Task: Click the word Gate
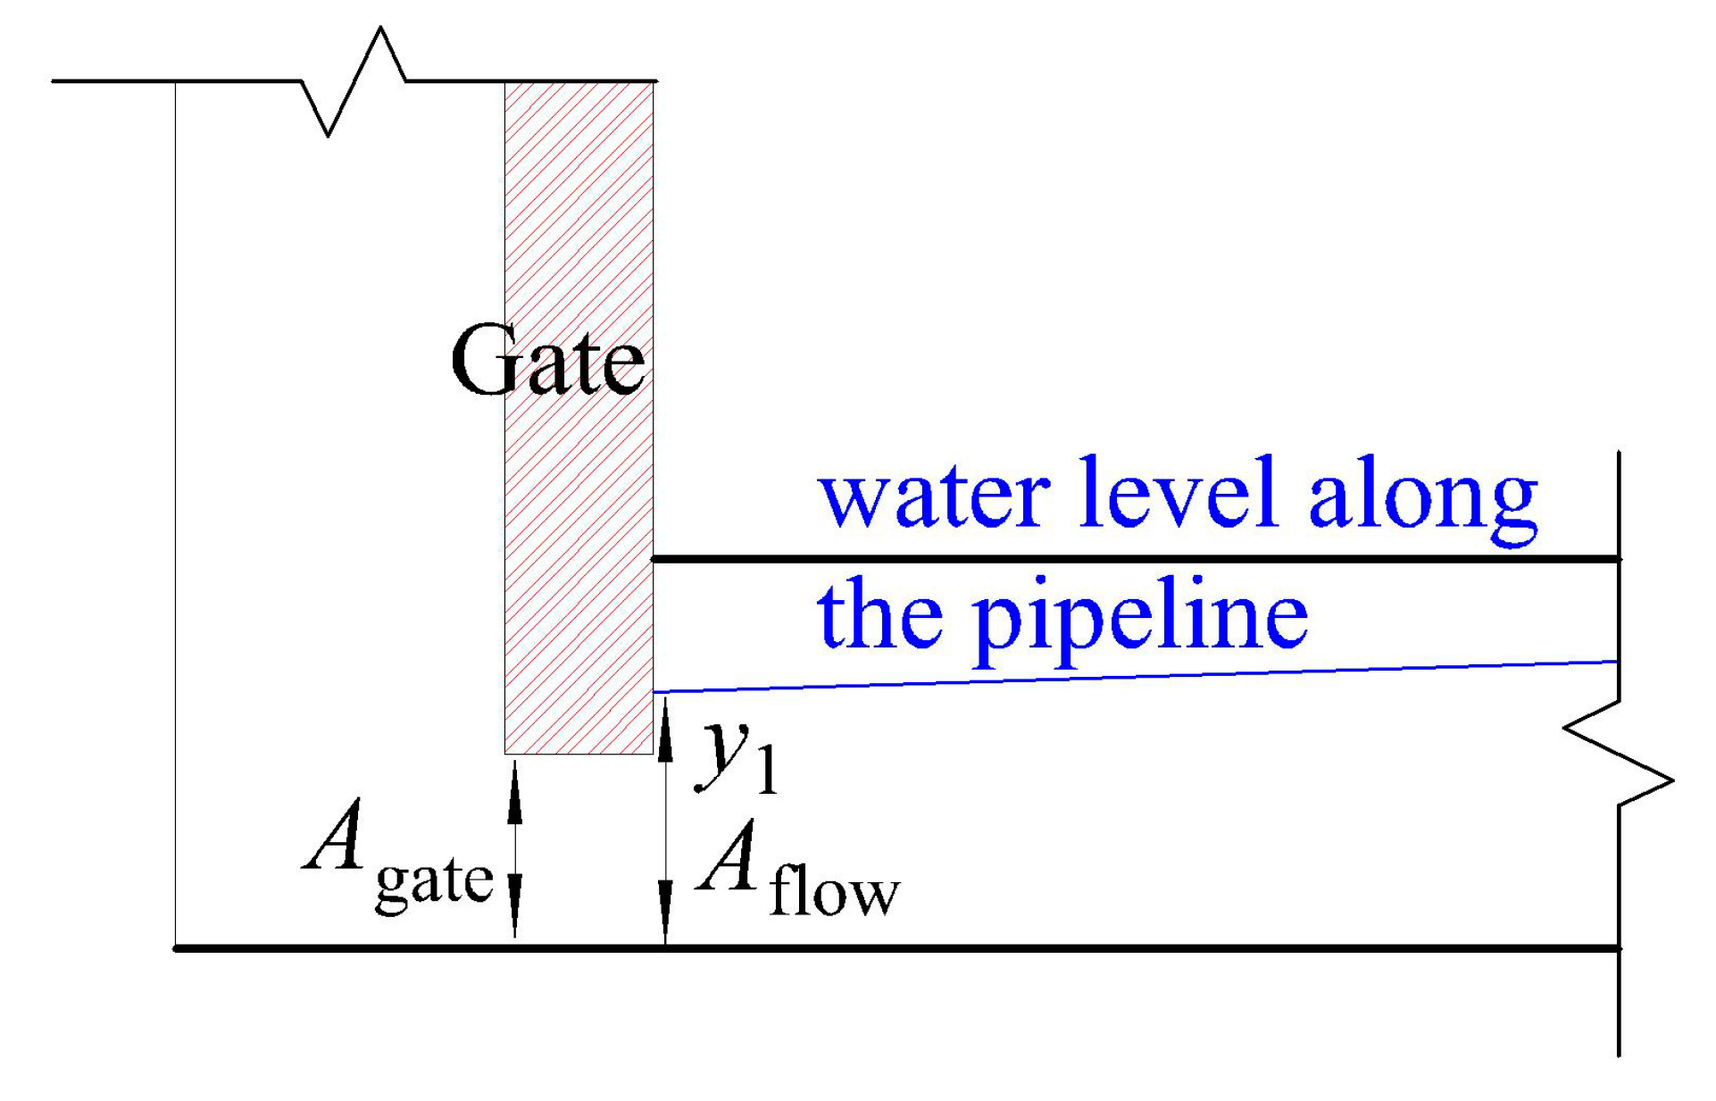click(x=546, y=360)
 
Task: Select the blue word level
click(x=1178, y=493)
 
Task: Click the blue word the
click(x=879, y=613)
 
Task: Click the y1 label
click(x=737, y=756)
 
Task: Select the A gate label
click(x=397, y=857)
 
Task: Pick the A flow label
click(x=797, y=871)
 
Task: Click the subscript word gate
click(x=434, y=882)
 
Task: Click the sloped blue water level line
click(x=1134, y=677)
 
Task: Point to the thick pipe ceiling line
click(x=1134, y=559)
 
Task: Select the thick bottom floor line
click(x=893, y=947)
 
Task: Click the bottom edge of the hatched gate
click(x=579, y=754)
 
